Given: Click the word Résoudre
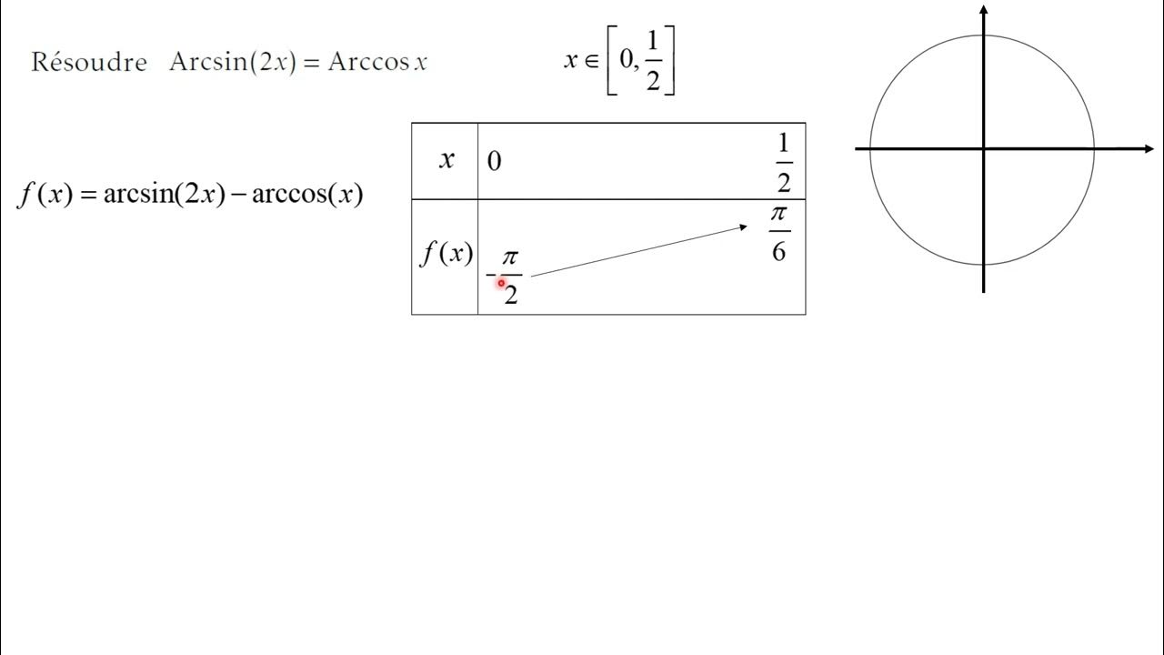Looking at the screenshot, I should pos(89,62).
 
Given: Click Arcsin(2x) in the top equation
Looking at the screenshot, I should pos(233,62).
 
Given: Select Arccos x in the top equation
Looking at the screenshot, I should pos(377,62).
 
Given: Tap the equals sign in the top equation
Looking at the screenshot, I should pos(312,63).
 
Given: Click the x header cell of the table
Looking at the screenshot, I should pos(446,161).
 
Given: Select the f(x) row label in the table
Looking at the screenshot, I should pos(446,254).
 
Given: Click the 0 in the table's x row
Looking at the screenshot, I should pos(494,162).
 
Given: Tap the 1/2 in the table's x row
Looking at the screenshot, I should pos(783,163).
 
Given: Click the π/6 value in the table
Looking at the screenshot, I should pos(778,232).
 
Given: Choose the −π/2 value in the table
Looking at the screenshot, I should pos(507,276).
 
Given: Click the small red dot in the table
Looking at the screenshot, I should pos(500,283).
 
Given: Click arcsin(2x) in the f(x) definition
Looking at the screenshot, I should pos(164,194).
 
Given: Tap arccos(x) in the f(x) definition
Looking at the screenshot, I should pos(306,194).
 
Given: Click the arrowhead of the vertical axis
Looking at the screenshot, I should pos(984,11).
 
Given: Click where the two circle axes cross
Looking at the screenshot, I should pos(984,148).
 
